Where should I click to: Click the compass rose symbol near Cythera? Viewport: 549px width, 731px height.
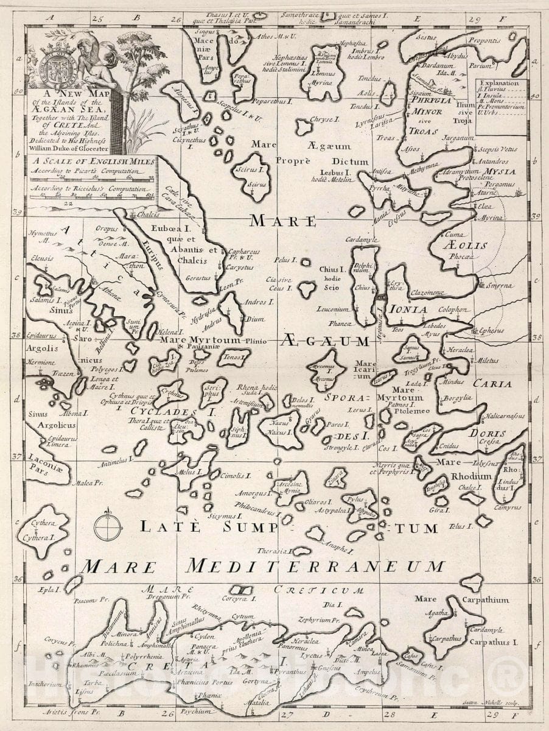(x=107, y=522)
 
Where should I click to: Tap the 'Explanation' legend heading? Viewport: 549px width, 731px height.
(x=498, y=83)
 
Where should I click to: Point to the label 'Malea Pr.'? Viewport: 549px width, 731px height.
(x=85, y=483)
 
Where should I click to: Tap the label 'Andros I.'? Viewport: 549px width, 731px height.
(x=259, y=302)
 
